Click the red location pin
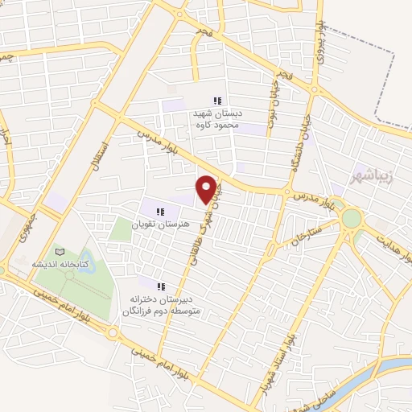(x=207, y=188)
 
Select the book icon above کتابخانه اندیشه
(x=58, y=253)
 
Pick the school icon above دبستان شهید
(x=216, y=101)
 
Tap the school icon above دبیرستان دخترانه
(x=161, y=286)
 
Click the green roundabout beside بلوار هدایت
(x=352, y=218)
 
